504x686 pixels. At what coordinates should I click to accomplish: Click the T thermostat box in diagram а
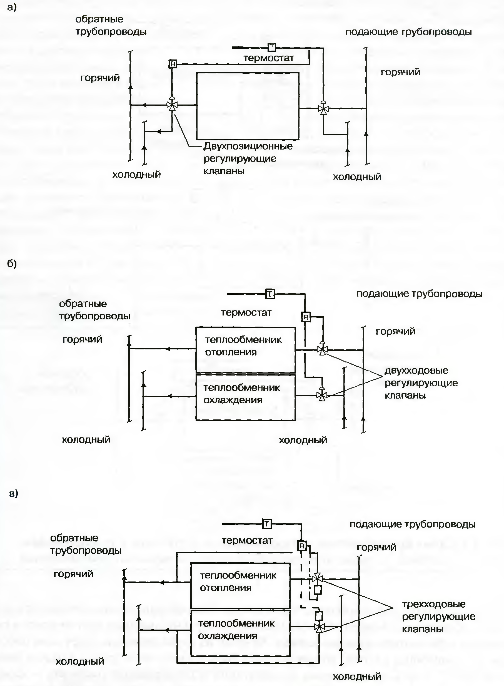tap(271, 47)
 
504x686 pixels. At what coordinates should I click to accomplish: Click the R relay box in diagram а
tap(173, 64)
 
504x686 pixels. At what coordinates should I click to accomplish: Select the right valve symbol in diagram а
tap(323, 108)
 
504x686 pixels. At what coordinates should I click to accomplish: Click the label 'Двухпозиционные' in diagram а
tap(248, 146)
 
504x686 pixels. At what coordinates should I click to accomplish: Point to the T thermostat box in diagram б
tap(270, 294)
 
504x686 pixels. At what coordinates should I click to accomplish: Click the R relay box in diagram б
tap(306, 317)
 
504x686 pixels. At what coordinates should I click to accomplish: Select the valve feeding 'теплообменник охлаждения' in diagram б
tap(321, 396)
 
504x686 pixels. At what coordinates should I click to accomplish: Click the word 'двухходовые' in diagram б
tap(416, 371)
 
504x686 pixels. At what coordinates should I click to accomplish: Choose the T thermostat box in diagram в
tap(267, 524)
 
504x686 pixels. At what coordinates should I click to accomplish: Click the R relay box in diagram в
tap(302, 546)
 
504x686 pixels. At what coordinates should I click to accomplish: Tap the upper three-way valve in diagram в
tap(317, 578)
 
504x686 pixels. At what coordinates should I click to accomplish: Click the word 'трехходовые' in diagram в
tap(433, 604)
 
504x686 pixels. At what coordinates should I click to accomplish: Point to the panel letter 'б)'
tap(12, 263)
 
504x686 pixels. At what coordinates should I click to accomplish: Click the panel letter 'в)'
tap(13, 493)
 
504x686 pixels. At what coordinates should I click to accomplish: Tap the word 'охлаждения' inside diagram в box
tap(227, 636)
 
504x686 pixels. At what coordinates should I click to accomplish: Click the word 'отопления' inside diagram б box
tap(231, 352)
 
